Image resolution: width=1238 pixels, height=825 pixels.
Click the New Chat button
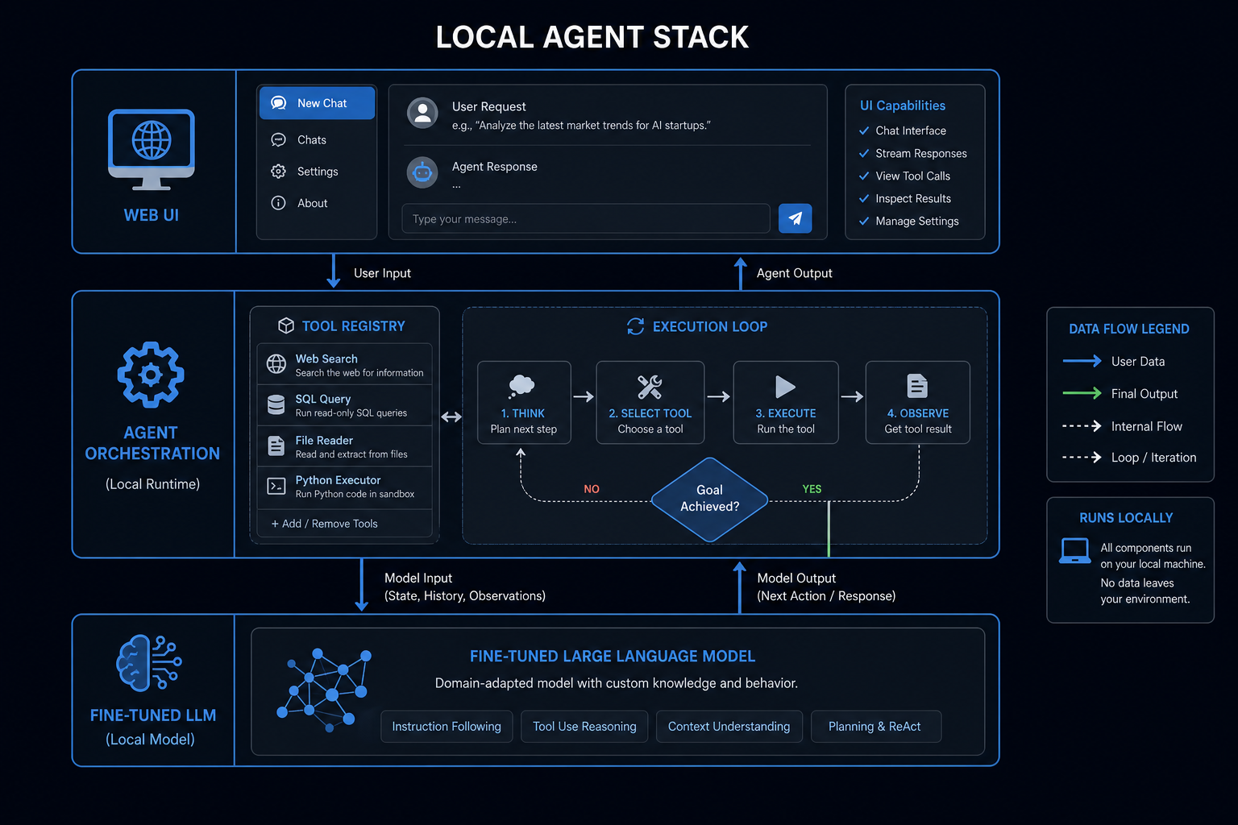point(318,103)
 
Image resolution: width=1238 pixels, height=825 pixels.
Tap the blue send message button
point(795,218)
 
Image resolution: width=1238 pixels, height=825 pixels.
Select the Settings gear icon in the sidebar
point(279,172)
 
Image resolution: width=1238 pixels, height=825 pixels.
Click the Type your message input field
point(586,218)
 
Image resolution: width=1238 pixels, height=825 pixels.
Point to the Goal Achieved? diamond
point(709,499)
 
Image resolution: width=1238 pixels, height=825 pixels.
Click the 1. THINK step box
point(524,402)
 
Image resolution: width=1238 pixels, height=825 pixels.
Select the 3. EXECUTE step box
point(785,402)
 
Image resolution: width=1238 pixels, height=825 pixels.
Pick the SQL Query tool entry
point(344,405)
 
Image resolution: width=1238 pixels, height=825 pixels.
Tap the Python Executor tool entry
point(344,487)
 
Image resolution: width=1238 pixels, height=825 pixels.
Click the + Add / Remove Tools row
point(344,524)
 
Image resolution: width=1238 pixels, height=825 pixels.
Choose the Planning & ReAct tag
point(875,726)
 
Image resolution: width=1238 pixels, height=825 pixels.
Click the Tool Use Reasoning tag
point(584,726)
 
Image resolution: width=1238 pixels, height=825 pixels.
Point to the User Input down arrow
point(333,271)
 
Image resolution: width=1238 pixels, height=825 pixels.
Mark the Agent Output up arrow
point(741,274)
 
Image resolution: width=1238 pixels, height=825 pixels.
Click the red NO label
point(592,489)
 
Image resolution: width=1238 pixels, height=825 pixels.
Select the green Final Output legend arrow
point(1082,393)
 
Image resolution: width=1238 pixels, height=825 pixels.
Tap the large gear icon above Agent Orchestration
point(151,375)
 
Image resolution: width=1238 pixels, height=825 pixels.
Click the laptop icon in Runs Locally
point(1075,551)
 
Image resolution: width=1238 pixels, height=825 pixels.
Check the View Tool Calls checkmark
point(864,176)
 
